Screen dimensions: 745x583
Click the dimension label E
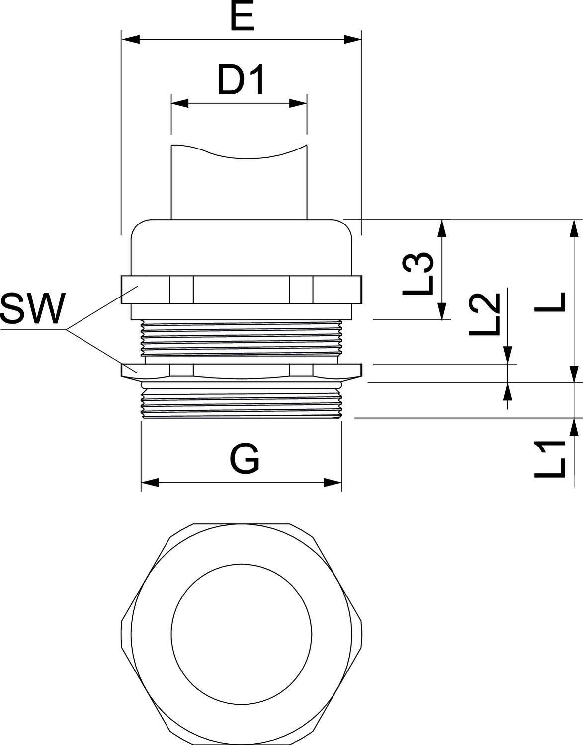242,18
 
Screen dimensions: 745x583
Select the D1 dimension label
241,81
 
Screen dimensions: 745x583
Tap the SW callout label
33,309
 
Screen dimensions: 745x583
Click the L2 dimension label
483,314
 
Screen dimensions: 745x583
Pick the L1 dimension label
550,458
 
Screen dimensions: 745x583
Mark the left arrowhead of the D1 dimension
180,103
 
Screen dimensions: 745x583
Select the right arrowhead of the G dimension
333,482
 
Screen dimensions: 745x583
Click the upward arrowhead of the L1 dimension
574,427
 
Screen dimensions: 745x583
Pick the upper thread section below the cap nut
242,338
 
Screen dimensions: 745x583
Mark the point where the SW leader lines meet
67,329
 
